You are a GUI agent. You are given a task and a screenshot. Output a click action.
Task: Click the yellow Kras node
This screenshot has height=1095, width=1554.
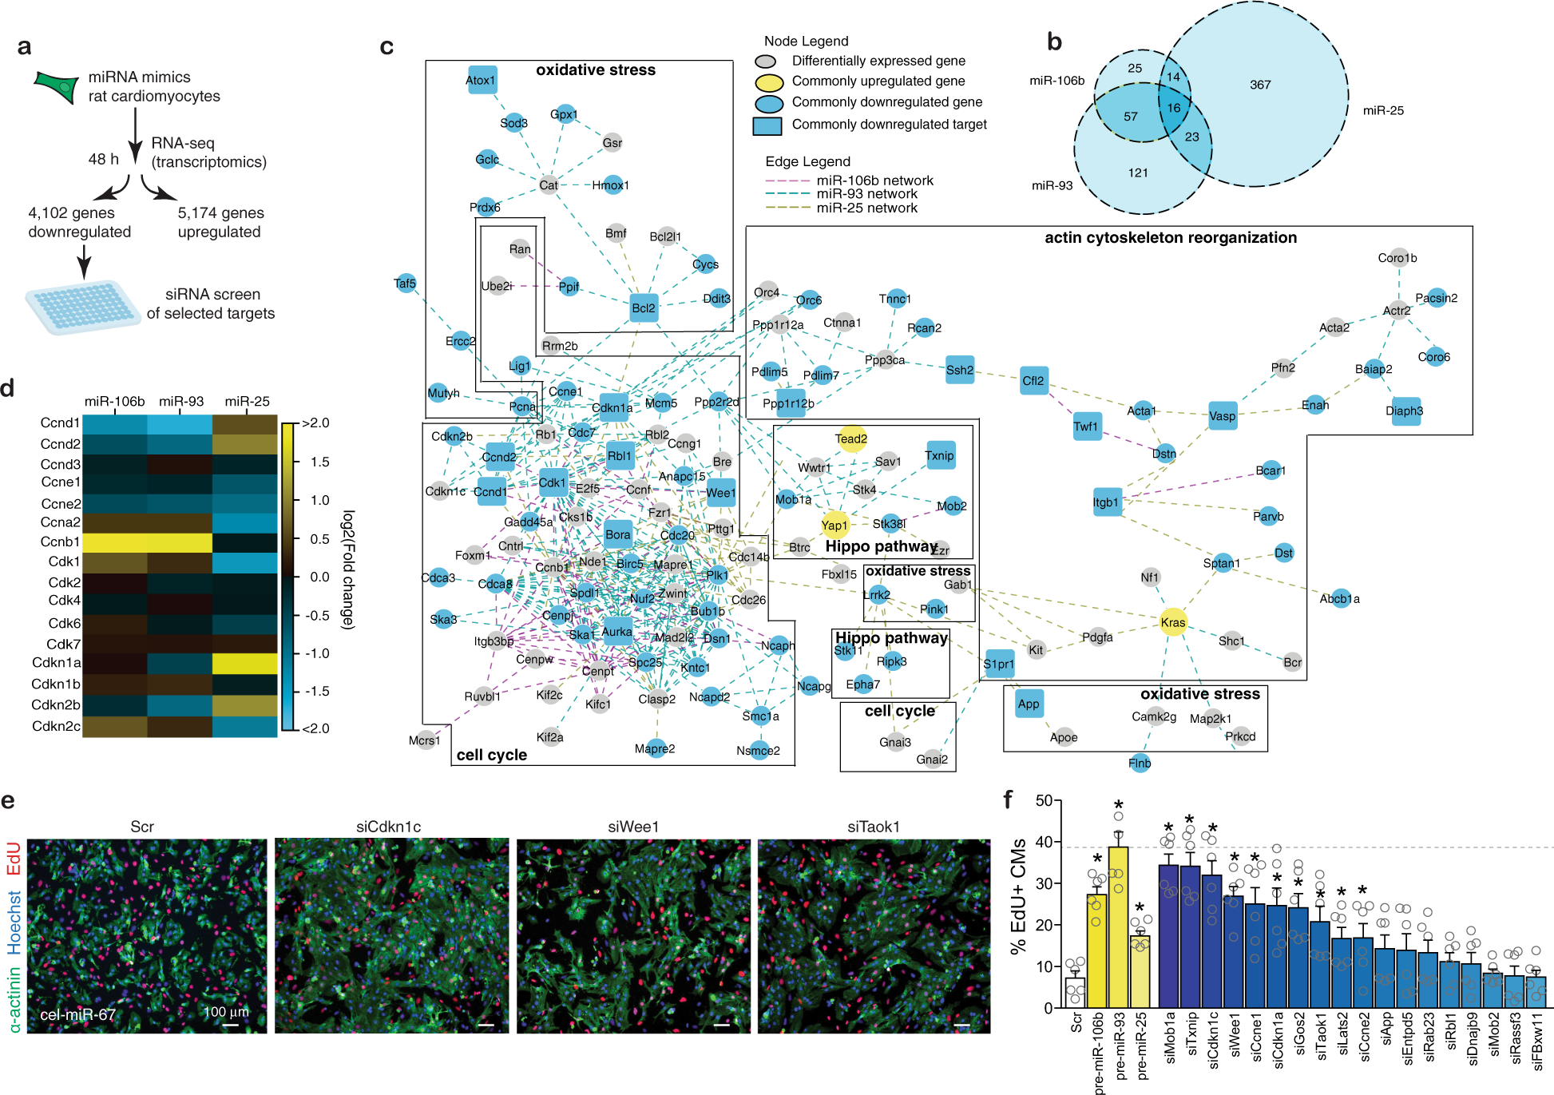[x=1172, y=622]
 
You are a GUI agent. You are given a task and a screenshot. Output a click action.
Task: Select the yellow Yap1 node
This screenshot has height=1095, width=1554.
[x=834, y=525]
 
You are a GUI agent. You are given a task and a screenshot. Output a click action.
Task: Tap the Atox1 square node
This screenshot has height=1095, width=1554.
[x=482, y=80]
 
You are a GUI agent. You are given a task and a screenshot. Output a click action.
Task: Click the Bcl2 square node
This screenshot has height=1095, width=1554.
[x=644, y=307]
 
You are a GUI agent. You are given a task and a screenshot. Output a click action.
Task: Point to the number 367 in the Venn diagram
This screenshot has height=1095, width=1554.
[x=1260, y=85]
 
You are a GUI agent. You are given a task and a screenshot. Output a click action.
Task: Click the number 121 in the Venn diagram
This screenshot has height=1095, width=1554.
[x=1138, y=173]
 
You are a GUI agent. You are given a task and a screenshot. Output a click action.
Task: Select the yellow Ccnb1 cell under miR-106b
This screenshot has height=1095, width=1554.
[x=115, y=542]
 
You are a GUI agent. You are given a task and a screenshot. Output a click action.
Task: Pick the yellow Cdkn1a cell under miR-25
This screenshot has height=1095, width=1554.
[x=245, y=663]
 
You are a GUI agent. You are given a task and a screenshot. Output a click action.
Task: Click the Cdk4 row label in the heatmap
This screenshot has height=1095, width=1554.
[x=64, y=601]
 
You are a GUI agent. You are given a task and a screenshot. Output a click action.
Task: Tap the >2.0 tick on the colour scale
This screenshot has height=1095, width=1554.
[x=315, y=423]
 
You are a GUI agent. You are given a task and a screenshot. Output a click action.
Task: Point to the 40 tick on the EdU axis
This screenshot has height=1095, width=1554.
[x=1044, y=842]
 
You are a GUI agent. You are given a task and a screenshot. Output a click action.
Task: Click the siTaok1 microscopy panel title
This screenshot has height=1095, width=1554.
[x=873, y=827]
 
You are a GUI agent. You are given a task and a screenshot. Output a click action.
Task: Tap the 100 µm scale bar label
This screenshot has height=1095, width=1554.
[x=226, y=1012]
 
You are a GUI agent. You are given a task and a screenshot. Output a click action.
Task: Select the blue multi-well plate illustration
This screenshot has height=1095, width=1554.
[x=83, y=307]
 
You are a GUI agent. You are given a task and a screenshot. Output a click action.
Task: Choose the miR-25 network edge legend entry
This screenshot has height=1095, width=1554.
[x=866, y=208]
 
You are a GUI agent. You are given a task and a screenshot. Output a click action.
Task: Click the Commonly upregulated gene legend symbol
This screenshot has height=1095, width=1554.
[x=769, y=81]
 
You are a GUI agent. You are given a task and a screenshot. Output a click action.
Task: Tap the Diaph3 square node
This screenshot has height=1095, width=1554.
[x=1405, y=411]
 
